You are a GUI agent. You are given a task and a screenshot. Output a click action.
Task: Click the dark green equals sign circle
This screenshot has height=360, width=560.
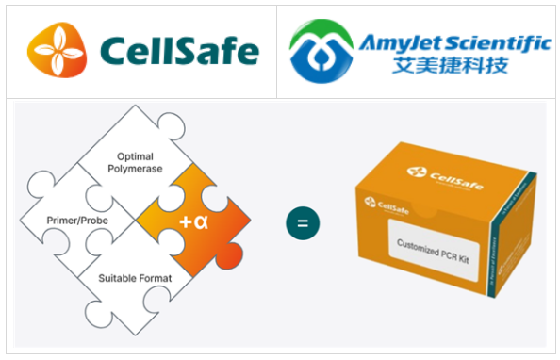click(303, 223)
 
